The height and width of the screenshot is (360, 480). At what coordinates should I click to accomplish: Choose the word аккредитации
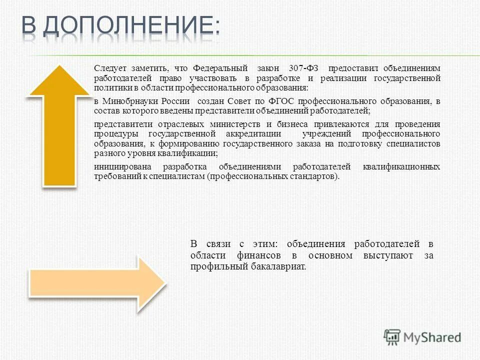point(248,134)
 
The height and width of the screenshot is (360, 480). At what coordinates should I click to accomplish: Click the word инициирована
point(121,167)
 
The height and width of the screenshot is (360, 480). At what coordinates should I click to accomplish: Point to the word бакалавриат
point(278,266)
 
